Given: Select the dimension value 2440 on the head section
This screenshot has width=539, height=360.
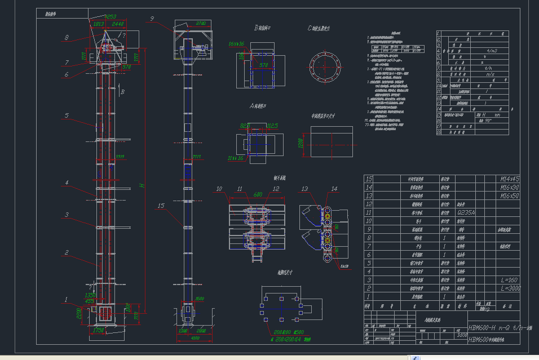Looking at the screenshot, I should (118, 24).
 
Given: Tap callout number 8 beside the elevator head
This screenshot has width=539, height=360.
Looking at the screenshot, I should (66, 38).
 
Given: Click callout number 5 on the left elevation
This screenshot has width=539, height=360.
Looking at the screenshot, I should (66, 115).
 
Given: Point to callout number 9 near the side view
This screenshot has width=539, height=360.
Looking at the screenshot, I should (152, 19).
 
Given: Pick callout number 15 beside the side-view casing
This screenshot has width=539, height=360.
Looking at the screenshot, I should (161, 206).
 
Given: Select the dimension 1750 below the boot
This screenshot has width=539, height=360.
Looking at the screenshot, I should (99, 330).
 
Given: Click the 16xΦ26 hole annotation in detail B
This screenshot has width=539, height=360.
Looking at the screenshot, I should (236, 43).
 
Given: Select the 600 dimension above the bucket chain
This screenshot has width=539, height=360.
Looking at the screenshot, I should (258, 194).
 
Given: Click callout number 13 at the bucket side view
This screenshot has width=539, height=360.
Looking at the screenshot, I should (305, 188).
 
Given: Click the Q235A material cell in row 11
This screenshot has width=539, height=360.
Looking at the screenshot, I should (466, 213).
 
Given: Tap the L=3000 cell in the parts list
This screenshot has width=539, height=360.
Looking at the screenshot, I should (510, 288).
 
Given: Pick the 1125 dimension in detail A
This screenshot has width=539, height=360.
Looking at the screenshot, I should (271, 125).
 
